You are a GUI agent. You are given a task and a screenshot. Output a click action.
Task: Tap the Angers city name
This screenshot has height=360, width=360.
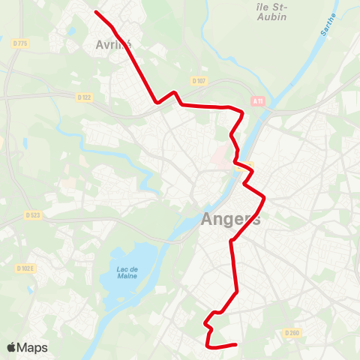(x=231, y=220)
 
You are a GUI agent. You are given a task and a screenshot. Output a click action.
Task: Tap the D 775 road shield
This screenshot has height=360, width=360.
(x=21, y=44)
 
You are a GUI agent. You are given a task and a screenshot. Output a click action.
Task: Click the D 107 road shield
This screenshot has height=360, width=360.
(x=198, y=81)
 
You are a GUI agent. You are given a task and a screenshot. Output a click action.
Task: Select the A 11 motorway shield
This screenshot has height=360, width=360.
(x=258, y=101)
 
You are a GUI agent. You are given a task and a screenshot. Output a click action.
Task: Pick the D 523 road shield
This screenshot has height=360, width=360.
(x=32, y=215)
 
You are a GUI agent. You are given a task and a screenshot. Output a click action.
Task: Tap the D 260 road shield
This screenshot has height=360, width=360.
(x=292, y=333)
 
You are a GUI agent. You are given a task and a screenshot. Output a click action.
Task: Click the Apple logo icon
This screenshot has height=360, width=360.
(x=11, y=347)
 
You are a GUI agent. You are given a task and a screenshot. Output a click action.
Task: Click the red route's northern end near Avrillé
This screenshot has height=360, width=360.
(x=96, y=11)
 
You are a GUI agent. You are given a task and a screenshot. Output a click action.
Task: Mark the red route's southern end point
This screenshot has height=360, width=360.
(x=236, y=344)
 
